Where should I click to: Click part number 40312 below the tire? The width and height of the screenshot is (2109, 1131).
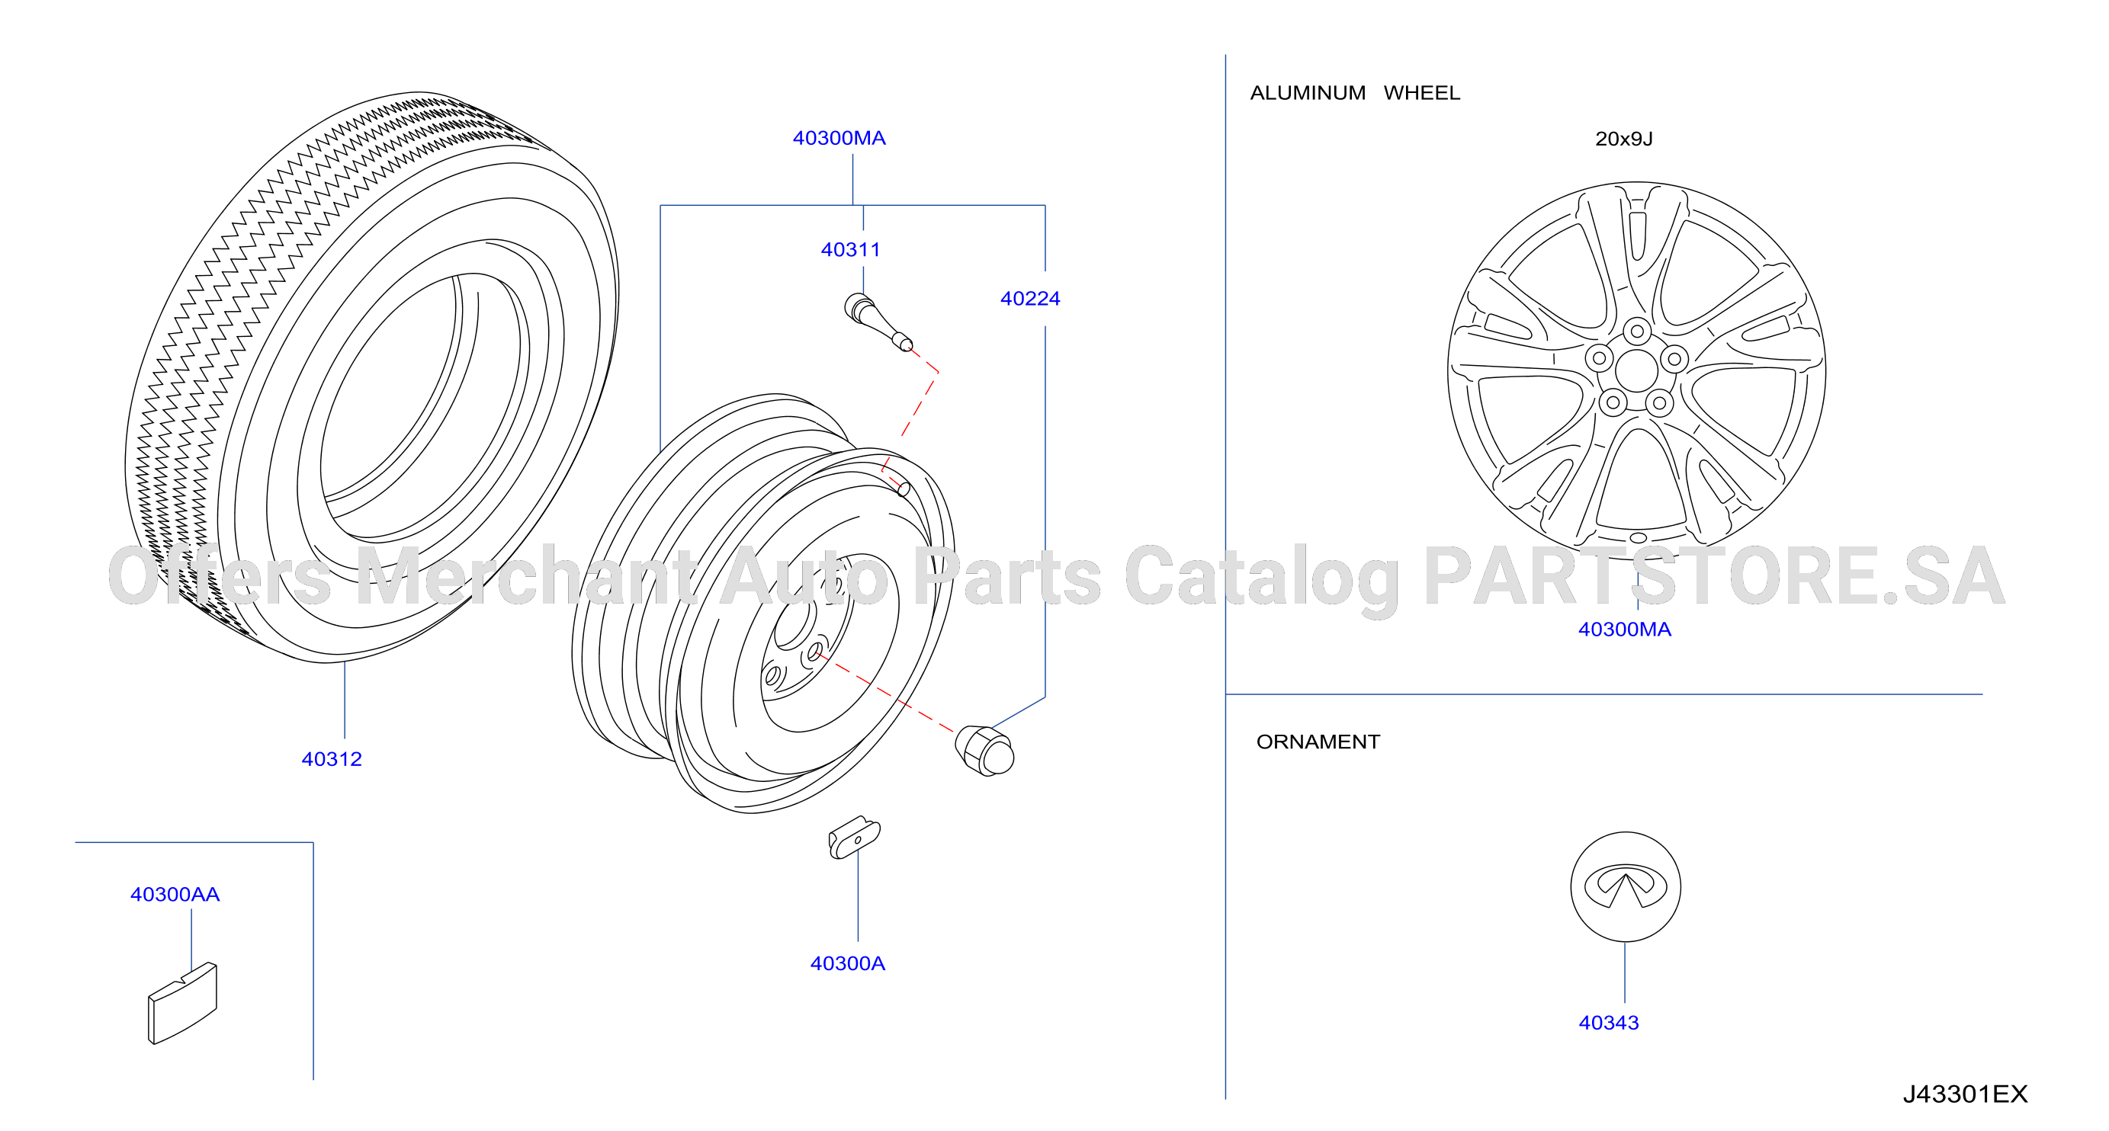point(332,758)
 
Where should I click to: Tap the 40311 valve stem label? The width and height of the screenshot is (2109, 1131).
point(851,250)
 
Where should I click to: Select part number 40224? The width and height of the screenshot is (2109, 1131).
point(1030,299)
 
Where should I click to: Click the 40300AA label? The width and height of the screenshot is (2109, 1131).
point(175,895)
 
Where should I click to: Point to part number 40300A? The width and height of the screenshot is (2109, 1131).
point(847,963)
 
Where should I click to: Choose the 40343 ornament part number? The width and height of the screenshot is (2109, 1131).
point(1609,1023)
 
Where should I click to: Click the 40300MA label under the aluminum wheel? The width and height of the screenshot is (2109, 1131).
point(1624,630)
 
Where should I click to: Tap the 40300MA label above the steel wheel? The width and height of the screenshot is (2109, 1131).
point(839,137)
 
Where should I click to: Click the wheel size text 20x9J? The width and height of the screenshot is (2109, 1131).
point(1624,139)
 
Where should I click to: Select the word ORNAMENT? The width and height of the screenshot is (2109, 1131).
point(1318,742)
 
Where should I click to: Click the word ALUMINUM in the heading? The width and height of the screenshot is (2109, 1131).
point(1308,92)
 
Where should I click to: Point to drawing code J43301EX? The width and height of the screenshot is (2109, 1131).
point(1965,1094)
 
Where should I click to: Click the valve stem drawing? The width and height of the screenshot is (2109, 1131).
point(878,322)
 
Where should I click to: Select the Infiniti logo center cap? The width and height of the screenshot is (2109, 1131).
point(1625,887)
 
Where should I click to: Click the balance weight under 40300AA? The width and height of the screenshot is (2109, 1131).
point(182,1003)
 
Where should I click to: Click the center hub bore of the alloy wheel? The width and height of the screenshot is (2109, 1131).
point(1636,370)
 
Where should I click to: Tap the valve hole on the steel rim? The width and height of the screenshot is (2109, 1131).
point(904,489)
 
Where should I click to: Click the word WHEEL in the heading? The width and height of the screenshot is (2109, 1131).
point(1421,92)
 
